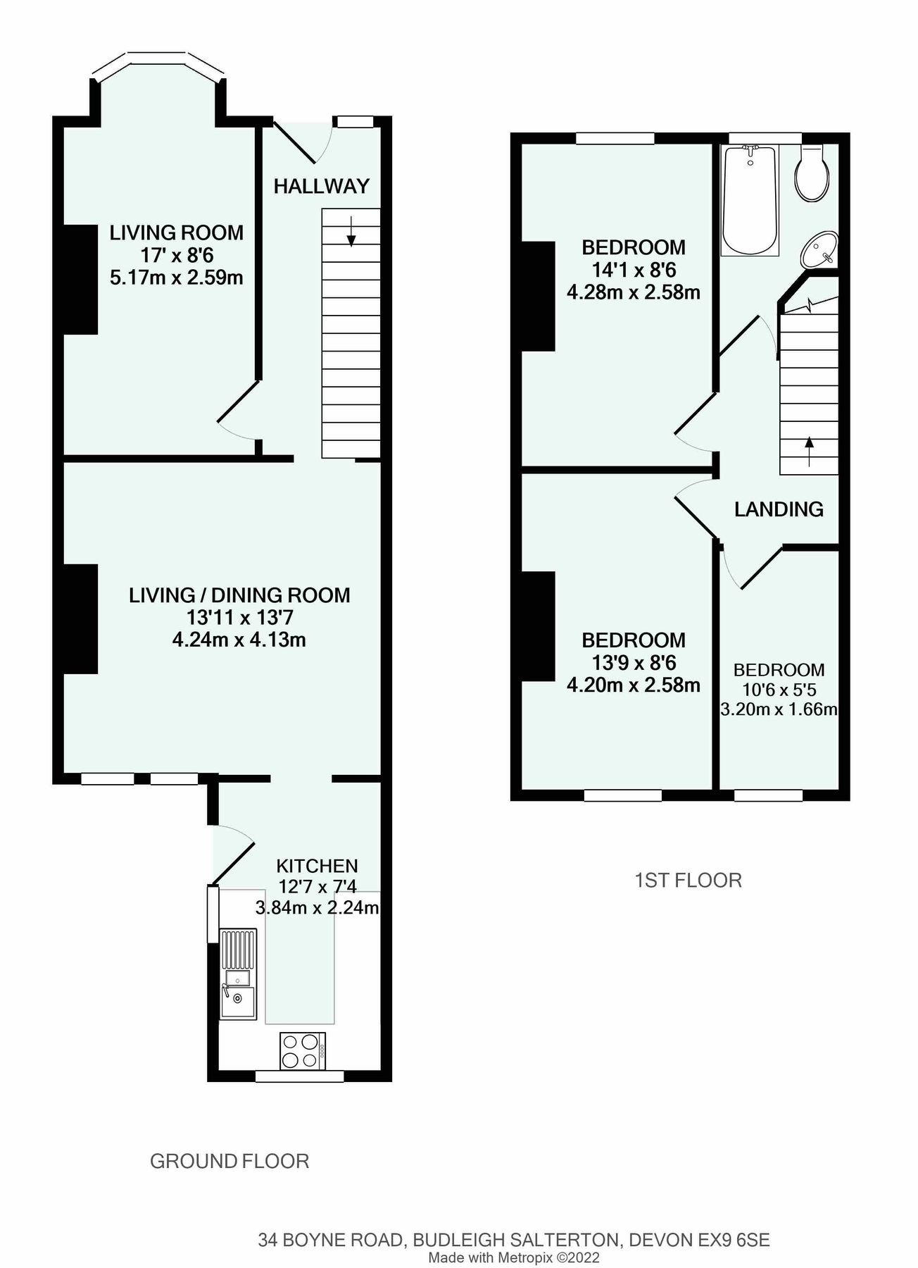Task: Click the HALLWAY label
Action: [321, 186]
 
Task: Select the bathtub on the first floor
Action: [750, 200]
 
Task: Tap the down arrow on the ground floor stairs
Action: [351, 232]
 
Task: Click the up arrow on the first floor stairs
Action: [810, 451]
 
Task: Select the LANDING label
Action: [779, 509]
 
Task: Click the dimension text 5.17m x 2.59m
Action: [177, 278]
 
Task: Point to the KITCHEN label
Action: [317, 866]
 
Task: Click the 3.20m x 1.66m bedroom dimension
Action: [779, 709]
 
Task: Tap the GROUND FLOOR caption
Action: [229, 1162]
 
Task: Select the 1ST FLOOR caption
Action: [688, 881]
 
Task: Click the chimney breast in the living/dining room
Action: [80, 619]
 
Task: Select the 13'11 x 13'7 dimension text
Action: [239, 618]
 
